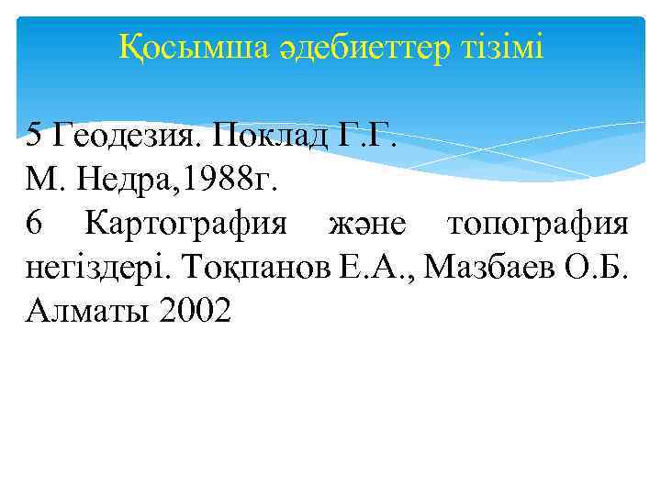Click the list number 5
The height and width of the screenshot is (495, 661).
point(34,137)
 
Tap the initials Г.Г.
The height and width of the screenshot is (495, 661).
point(369,137)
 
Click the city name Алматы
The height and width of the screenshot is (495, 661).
point(87,313)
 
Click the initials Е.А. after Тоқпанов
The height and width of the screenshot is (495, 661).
point(373,269)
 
